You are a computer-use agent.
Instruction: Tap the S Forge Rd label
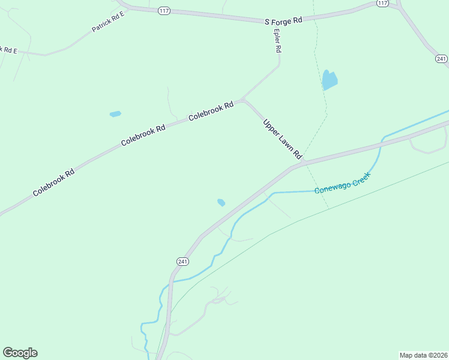coord(283,20)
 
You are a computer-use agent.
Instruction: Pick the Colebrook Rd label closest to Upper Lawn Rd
coord(211,112)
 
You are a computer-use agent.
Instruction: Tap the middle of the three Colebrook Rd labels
coord(143,135)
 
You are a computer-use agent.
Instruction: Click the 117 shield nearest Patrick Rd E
coord(164,10)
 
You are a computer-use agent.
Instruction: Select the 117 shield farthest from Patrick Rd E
coord(382,4)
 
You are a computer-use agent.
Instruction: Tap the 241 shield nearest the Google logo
coord(183,261)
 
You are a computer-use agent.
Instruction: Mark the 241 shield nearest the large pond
coord(442,59)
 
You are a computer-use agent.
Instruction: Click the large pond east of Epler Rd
coord(330,80)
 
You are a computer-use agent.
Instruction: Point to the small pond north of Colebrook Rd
coord(115,113)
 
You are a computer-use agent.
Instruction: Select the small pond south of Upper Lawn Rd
coord(221,202)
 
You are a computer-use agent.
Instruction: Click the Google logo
coord(20,353)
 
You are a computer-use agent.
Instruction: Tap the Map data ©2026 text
coord(424,355)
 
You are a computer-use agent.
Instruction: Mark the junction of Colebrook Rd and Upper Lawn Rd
coord(243,101)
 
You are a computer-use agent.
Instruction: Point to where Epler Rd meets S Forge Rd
coord(271,20)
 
